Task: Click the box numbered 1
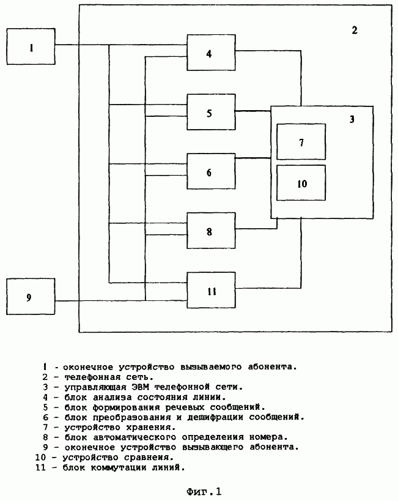[x=31, y=46]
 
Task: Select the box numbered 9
[x=31, y=297]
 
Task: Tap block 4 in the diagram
[x=211, y=53]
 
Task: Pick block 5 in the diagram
[x=211, y=112]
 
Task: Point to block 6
[x=211, y=171]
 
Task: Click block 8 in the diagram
[x=211, y=231]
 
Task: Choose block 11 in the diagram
[x=211, y=290]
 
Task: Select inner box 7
[x=301, y=142]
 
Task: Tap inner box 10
[x=301, y=183]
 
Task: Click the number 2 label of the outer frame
[x=355, y=31]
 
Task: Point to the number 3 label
[x=352, y=119]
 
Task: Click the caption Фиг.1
[x=204, y=491]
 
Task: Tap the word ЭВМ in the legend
[x=140, y=387]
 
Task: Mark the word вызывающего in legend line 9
[x=213, y=447]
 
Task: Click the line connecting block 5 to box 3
[x=253, y=111]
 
